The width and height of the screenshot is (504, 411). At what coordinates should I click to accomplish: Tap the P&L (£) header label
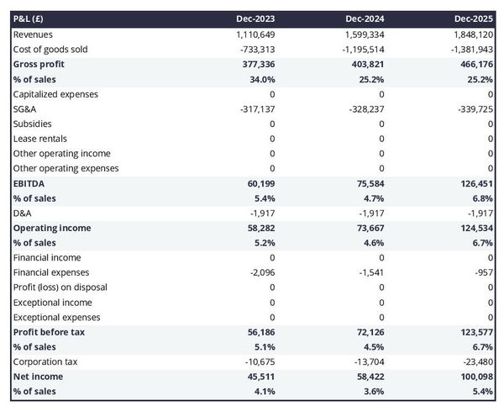(x=31, y=18)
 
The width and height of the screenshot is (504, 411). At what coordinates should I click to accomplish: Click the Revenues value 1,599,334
(x=364, y=34)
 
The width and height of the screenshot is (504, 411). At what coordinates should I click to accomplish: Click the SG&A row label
(x=26, y=109)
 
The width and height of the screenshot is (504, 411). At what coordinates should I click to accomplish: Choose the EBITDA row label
(x=29, y=183)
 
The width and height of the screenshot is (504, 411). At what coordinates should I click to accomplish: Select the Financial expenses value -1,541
(x=370, y=272)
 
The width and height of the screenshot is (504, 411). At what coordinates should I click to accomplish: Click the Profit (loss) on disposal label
(x=60, y=287)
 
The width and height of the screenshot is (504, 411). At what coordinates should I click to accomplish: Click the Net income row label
(x=38, y=377)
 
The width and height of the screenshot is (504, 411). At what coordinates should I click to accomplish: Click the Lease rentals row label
(x=40, y=139)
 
